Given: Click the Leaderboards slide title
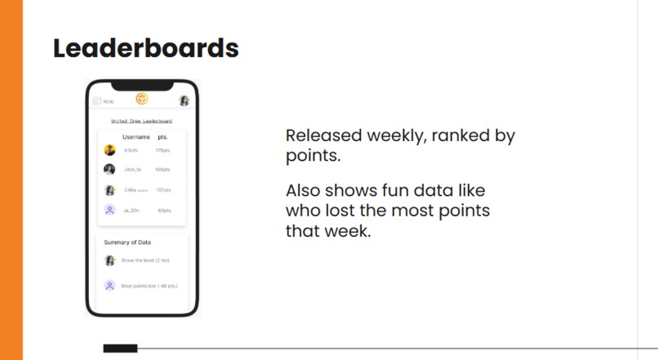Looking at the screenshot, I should pyautogui.click(x=145, y=48).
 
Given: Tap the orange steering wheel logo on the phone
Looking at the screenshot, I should pyautogui.click(x=142, y=99).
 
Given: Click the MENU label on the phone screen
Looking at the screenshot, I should pyautogui.click(x=109, y=101).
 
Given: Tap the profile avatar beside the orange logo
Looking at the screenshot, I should pyautogui.click(x=185, y=100).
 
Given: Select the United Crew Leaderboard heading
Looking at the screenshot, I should pyautogui.click(x=142, y=121).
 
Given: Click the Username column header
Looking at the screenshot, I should pyautogui.click(x=136, y=137).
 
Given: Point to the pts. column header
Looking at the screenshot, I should pyautogui.click(x=162, y=137).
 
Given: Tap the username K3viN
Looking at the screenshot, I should pyautogui.click(x=131, y=150).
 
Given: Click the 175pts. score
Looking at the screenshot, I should pyautogui.click(x=163, y=150).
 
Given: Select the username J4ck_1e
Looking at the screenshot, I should pyautogui.click(x=133, y=170).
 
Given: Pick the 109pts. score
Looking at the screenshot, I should pyautogui.click(x=163, y=170).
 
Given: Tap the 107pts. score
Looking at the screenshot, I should pyautogui.click(x=164, y=190).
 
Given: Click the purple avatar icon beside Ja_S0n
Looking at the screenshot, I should pyautogui.click(x=109, y=210).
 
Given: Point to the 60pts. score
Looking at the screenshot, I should pyautogui.click(x=165, y=210).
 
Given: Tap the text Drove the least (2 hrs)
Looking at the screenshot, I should pyautogui.click(x=145, y=260).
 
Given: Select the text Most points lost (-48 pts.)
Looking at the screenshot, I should pyautogui.click(x=149, y=286).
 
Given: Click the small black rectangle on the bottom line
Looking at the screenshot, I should pyautogui.click(x=120, y=349).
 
